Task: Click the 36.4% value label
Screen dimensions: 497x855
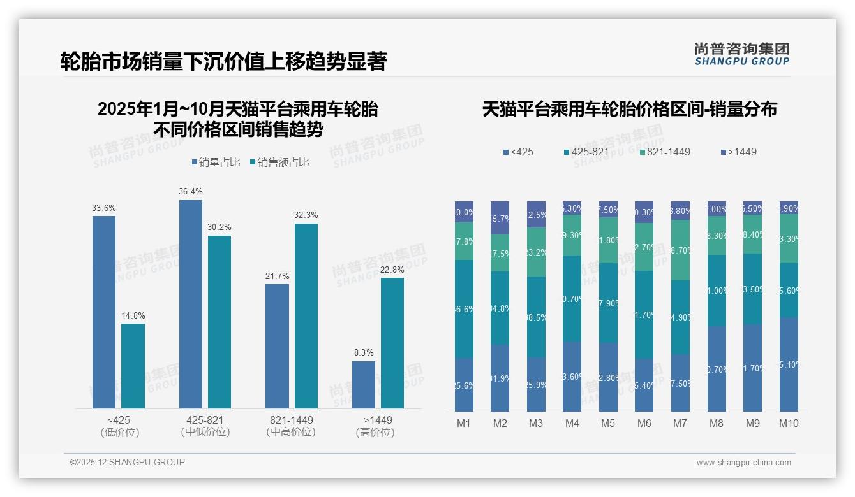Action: tap(191, 192)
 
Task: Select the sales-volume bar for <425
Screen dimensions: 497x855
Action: tap(104, 312)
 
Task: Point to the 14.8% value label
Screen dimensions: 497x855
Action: tap(133, 315)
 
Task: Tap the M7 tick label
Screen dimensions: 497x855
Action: tap(680, 423)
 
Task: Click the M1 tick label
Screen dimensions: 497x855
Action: tap(464, 423)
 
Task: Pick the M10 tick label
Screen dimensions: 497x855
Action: tap(789, 423)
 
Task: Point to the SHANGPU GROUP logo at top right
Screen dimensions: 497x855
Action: tap(741, 54)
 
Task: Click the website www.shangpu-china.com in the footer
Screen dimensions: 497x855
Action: tap(743, 463)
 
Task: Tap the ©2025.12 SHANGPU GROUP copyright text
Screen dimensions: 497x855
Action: tap(128, 462)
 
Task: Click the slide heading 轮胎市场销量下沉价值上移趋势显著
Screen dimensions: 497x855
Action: tap(223, 62)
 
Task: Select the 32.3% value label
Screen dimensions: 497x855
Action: tap(306, 215)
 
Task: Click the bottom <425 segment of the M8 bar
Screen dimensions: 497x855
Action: tap(717, 369)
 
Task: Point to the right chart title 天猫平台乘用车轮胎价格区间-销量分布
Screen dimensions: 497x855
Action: tap(629, 109)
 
